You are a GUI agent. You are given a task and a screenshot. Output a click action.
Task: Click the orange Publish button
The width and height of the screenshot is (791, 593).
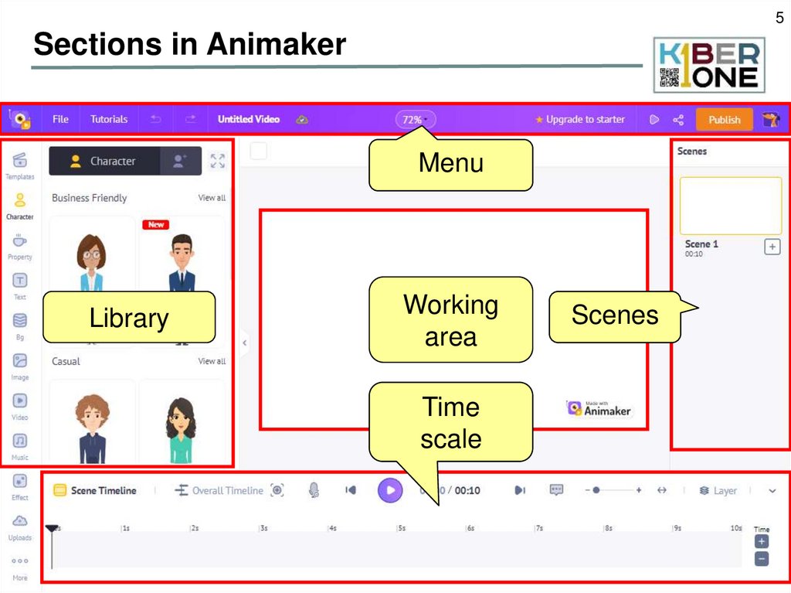click(724, 120)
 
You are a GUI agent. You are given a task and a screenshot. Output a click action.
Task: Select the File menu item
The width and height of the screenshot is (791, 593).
click(60, 119)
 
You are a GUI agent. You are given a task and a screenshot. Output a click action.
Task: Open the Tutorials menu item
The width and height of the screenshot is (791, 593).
click(109, 119)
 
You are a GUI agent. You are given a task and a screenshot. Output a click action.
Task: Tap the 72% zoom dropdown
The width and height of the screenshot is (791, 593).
click(416, 120)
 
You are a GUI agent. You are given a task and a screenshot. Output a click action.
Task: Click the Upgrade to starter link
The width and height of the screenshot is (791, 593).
click(580, 120)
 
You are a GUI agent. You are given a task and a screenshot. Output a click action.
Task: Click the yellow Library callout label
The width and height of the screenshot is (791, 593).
click(128, 318)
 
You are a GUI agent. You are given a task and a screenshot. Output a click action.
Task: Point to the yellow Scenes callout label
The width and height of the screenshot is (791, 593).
click(614, 315)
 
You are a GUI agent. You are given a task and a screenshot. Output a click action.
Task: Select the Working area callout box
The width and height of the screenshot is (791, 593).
click(450, 320)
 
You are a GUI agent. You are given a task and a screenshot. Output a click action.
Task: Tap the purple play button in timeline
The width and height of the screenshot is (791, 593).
click(390, 490)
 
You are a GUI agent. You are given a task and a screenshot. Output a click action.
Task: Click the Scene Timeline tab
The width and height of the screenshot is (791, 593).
click(95, 490)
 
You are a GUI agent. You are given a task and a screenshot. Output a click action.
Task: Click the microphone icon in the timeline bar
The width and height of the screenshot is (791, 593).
click(314, 490)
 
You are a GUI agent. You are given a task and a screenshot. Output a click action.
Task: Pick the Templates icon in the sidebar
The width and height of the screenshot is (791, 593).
click(20, 160)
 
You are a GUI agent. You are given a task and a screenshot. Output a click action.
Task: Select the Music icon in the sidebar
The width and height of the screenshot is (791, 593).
click(20, 441)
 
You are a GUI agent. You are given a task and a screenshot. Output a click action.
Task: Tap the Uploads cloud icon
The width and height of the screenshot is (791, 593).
click(20, 521)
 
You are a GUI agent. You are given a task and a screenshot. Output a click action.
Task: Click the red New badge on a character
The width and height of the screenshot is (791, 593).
click(156, 224)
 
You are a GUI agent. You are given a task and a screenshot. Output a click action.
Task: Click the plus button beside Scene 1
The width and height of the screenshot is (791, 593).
click(772, 247)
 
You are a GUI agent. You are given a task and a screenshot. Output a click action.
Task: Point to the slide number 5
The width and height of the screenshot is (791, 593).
click(779, 18)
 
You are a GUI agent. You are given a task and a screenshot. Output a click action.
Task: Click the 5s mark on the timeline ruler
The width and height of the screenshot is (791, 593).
click(402, 528)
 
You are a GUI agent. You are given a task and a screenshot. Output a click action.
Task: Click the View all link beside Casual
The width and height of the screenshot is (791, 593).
click(212, 361)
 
